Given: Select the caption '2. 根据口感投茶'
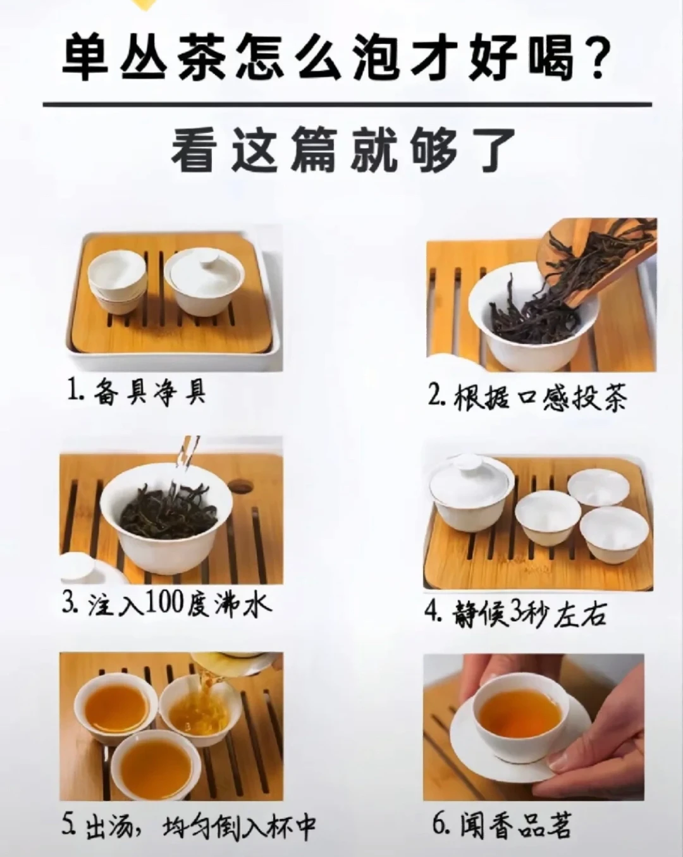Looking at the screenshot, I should pos(527,398).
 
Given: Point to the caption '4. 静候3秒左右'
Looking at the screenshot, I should pos(515,613).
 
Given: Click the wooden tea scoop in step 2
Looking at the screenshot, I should pos(594,259).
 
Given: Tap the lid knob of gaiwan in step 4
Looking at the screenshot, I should pos(471,464).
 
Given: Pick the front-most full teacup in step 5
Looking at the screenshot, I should pos(156,765).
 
